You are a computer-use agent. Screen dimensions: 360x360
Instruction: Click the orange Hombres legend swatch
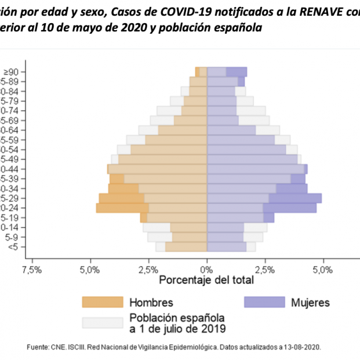[x=103, y=302]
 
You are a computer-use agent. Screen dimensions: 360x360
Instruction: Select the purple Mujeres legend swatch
[x=264, y=302]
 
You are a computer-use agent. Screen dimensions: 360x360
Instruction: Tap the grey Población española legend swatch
[x=103, y=323]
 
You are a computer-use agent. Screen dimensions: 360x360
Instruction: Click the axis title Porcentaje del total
[x=206, y=281]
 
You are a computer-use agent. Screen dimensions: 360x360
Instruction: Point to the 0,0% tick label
[x=207, y=270]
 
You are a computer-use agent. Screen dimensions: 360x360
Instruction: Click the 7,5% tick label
[x=32, y=270]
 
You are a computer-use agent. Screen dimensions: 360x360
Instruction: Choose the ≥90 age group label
[x=10, y=72]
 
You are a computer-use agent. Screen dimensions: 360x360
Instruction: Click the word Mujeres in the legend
[x=311, y=302]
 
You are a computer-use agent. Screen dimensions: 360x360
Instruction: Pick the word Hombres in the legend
[x=151, y=302]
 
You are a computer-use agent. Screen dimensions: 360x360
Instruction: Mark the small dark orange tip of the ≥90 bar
[x=197, y=72]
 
